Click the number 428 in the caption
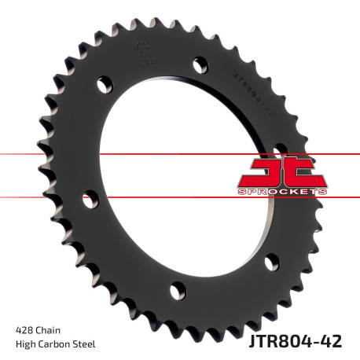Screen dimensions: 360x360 point(25,329)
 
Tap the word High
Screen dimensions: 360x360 point(27,343)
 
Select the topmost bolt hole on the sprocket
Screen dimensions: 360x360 point(197,61)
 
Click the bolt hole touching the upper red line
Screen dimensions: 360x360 point(279,149)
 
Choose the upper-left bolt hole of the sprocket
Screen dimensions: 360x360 point(103,84)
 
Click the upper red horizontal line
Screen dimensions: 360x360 point(47,153)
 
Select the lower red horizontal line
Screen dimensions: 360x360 point(47,197)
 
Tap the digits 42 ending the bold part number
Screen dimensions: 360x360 point(341,340)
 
